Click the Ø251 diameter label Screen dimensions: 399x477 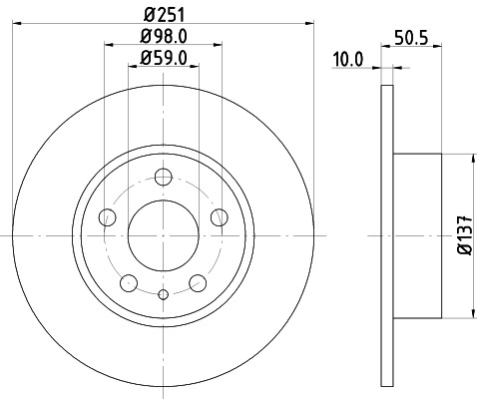tap(164, 14)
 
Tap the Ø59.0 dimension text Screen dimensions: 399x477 tap(164, 57)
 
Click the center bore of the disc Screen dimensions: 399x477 tap(164, 235)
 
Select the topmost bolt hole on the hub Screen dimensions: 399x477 tap(164, 178)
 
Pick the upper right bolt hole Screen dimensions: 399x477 tap(219, 217)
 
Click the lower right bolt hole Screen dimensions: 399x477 tap(198, 282)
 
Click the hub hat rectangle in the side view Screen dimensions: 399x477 tap(416, 235)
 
